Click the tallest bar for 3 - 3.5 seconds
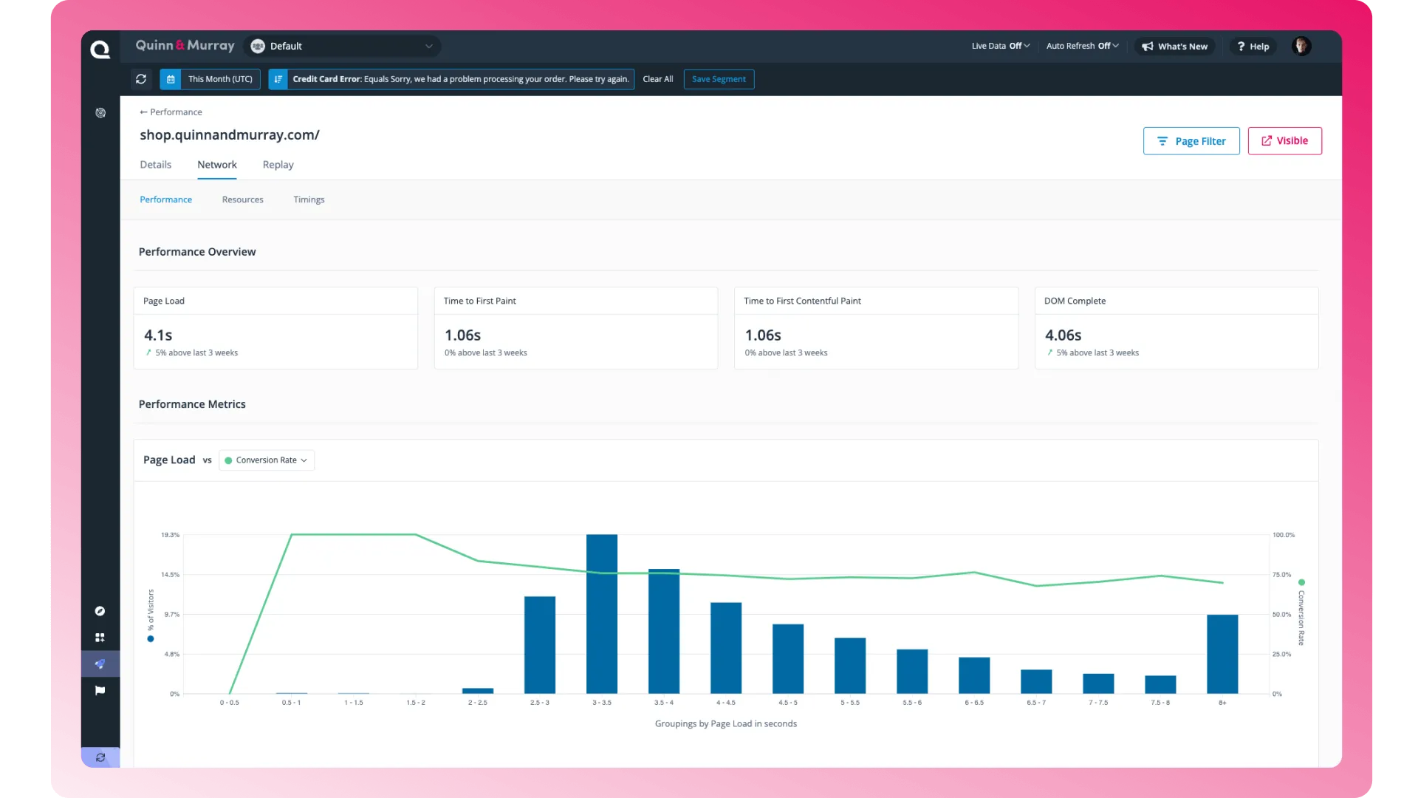(x=602, y=613)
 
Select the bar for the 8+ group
(x=1222, y=654)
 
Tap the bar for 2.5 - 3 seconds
(x=540, y=644)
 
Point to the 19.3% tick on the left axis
(x=170, y=535)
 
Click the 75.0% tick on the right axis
(x=1281, y=575)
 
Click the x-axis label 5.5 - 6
(x=912, y=703)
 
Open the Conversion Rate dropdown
(x=267, y=460)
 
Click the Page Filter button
(x=1191, y=141)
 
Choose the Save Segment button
(x=719, y=79)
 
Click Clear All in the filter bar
(x=658, y=79)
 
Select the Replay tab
(x=278, y=165)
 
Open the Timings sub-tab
(x=309, y=199)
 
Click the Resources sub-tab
(x=243, y=199)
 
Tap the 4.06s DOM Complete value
(x=1063, y=335)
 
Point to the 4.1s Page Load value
(x=158, y=335)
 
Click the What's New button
(x=1174, y=47)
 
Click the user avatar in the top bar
(x=1301, y=46)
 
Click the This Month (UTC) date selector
(x=210, y=79)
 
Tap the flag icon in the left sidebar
(x=100, y=691)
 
